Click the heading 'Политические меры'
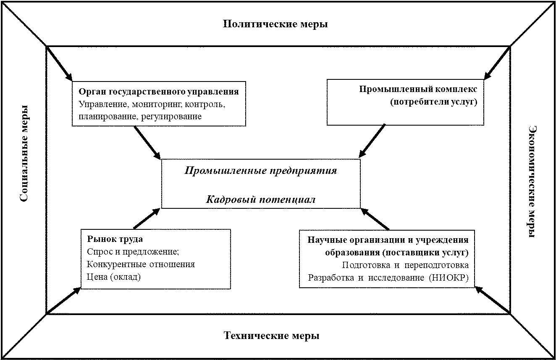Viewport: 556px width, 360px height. (x=275, y=24)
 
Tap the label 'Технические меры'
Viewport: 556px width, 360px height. (x=271, y=336)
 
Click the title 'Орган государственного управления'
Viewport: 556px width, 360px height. (x=159, y=92)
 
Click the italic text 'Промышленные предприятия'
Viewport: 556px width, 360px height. (x=260, y=171)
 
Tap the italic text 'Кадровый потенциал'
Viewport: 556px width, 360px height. (x=260, y=200)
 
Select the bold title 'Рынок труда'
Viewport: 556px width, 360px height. (x=115, y=239)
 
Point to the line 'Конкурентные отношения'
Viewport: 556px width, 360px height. (x=141, y=265)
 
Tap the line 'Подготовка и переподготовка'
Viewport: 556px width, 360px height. (x=405, y=265)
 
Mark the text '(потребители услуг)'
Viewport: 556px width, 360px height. (x=433, y=102)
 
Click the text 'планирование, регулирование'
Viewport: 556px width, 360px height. (x=140, y=117)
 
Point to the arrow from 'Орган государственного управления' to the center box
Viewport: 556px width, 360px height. (x=147, y=142)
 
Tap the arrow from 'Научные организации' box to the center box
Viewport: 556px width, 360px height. (x=375, y=218)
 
